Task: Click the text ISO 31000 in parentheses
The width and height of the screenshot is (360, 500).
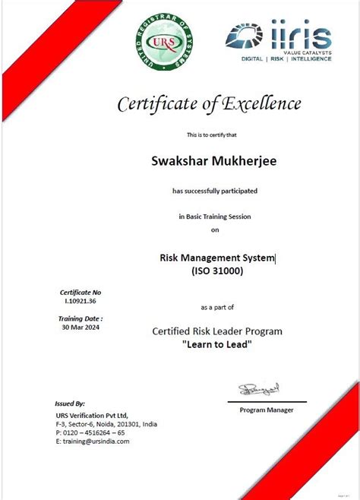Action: [x=217, y=271]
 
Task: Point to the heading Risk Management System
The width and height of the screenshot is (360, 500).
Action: [x=217, y=258]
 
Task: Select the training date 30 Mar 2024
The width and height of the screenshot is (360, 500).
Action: [x=81, y=328]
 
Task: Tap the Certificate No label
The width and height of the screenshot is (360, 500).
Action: [x=81, y=293]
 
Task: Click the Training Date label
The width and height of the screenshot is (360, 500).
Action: [x=81, y=319]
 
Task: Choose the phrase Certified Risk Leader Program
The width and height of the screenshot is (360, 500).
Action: [x=217, y=331]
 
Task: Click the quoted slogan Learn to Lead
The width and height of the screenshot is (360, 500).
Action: [x=217, y=344]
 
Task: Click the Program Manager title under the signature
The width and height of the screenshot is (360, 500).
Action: [x=267, y=410]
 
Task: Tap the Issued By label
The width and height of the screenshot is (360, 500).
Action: [x=70, y=403]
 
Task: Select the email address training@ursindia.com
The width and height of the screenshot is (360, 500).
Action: [x=93, y=441]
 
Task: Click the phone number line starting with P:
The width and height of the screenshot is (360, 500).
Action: [x=90, y=432]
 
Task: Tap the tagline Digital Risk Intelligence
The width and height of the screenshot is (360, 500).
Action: [x=286, y=59]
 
